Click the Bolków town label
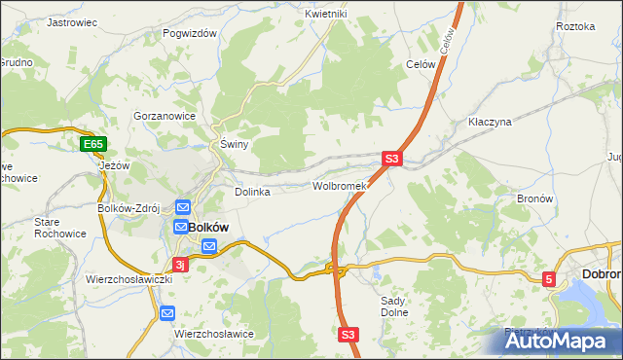click(207, 227)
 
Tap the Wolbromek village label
click(338, 185)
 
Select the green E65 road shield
click(92, 145)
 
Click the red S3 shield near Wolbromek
click(391, 158)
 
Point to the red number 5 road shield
click(550, 279)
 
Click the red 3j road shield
click(180, 264)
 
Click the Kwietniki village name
click(325, 14)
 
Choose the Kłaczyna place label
click(490, 123)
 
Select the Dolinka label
click(252, 192)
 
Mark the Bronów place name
click(534, 198)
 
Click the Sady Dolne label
click(392, 306)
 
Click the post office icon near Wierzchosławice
click(166, 313)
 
